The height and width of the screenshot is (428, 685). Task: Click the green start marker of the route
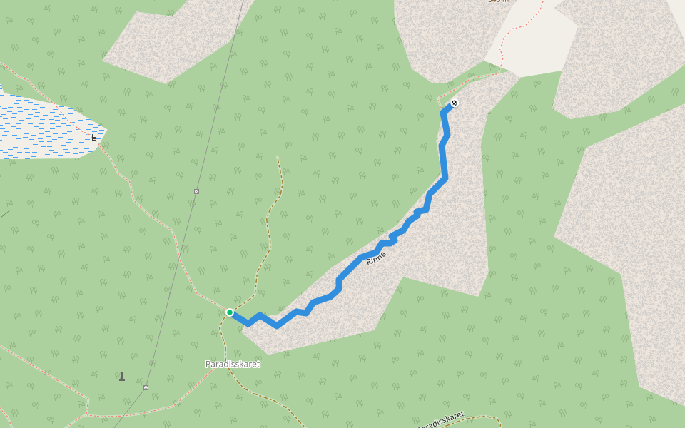pyautogui.click(x=230, y=312)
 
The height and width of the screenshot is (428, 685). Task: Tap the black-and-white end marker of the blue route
pyautogui.click(x=455, y=103)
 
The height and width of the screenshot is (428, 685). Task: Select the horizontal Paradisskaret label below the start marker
pyautogui.click(x=233, y=364)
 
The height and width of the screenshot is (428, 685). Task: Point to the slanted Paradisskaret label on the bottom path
pyautogui.click(x=440, y=420)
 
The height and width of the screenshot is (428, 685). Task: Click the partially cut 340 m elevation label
pyautogui.click(x=497, y=1)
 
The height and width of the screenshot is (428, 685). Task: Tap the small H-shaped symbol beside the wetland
pyautogui.click(x=94, y=137)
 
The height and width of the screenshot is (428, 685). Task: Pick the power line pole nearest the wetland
pyautogui.click(x=196, y=191)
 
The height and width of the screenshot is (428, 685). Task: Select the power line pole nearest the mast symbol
pyautogui.click(x=146, y=387)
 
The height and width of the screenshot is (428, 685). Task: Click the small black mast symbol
pyautogui.click(x=122, y=376)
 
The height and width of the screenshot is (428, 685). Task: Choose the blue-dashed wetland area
pyautogui.click(x=43, y=128)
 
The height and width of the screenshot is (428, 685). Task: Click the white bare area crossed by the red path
pyautogui.click(x=532, y=43)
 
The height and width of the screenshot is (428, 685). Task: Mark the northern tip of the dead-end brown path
pyautogui.click(x=278, y=156)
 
